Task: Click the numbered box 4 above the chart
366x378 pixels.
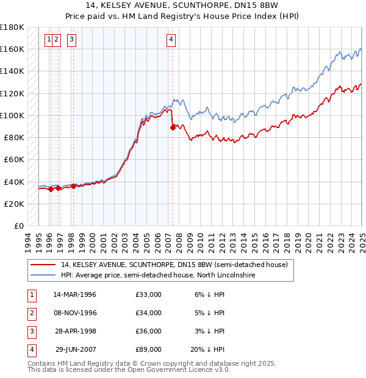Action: (x=171, y=40)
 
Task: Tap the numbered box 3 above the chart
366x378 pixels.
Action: (x=72, y=40)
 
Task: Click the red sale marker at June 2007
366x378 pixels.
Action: (x=173, y=127)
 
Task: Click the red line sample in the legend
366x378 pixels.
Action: (x=43, y=265)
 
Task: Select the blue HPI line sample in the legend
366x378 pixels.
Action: (x=43, y=275)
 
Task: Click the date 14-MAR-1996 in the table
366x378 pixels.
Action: (x=75, y=294)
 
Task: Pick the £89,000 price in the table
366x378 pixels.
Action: (x=148, y=349)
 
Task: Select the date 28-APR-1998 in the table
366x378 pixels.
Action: (x=75, y=331)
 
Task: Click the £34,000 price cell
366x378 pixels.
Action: (x=148, y=313)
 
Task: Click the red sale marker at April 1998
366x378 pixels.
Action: (x=73, y=186)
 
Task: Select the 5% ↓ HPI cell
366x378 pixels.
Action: (x=209, y=313)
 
